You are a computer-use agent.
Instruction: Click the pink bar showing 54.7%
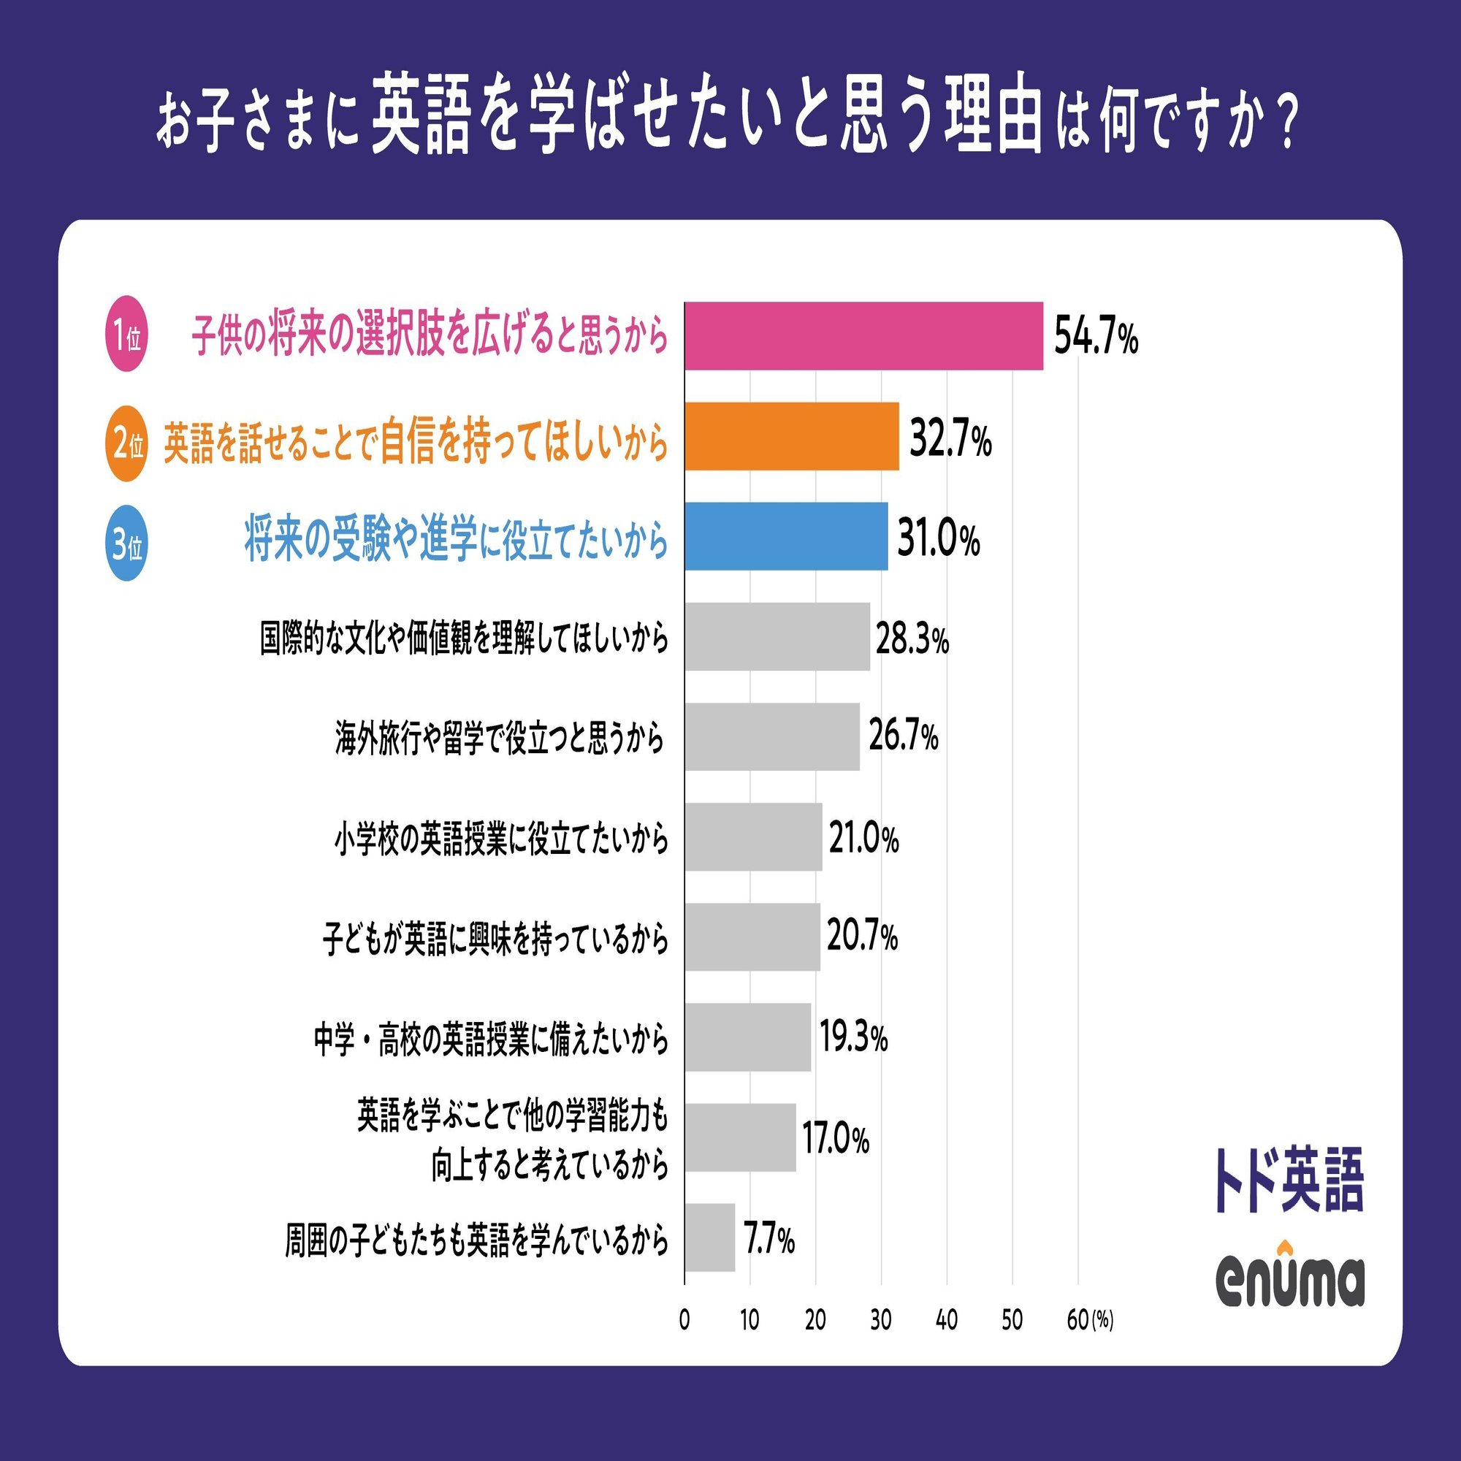click(x=863, y=336)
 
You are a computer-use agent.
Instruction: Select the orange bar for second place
click(x=792, y=436)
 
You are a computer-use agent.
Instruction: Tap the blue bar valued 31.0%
click(x=787, y=536)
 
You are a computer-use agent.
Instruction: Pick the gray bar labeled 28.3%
click(x=777, y=637)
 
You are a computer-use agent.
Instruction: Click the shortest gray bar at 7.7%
click(x=709, y=1238)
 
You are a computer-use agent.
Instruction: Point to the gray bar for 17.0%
click(x=740, y=1137)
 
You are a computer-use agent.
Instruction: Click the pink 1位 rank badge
click(x=126, y=334)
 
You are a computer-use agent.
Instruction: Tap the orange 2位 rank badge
click(x=126, y=444)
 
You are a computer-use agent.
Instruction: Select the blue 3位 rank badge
click(x=126, y=543)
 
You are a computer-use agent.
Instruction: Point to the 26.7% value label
click(x=903, y=736)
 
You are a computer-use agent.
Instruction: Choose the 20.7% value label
click(x=862, y=937)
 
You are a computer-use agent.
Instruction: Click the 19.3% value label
click(x=853, y=1037)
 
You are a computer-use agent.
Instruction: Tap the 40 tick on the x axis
click(x=946, y=1320)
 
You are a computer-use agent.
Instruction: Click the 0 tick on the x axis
click(x=684, y=1320)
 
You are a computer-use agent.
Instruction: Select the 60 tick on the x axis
click(x=1077, y=1320)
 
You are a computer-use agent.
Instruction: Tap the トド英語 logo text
click(x=1289, y=1180)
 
